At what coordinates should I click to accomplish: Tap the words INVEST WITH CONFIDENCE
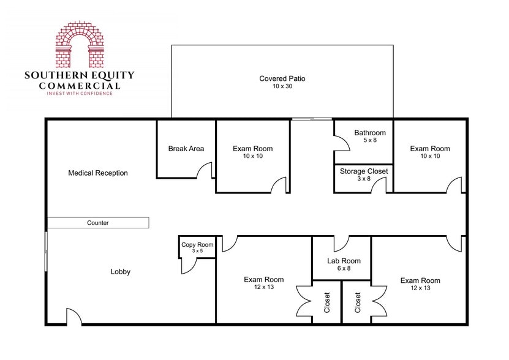(x=80, y=93)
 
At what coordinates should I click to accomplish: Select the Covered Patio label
(x=282, y=78)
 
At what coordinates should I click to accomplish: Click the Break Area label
(x=186, y=149)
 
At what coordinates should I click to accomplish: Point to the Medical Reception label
(x=98, y=173)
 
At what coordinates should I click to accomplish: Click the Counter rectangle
(x=98, y=223)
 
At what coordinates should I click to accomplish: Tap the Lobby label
(x=121, y=272)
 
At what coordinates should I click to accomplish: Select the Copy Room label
(x=197, y=245)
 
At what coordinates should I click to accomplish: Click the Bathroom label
(x=370, y=133)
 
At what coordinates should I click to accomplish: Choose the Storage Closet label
(x=364, y=171)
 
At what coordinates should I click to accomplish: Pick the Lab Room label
(x=344, y=261)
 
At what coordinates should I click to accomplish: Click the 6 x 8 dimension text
(x=344, y=268)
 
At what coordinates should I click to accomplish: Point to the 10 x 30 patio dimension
(x=282, y=87)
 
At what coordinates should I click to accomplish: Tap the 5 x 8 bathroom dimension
(x=370, y=141)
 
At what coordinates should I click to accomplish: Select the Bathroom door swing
(x=342, y=143)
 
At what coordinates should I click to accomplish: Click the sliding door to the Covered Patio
(x=311, y=119)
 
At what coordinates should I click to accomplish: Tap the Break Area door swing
(x=206, y=170)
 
